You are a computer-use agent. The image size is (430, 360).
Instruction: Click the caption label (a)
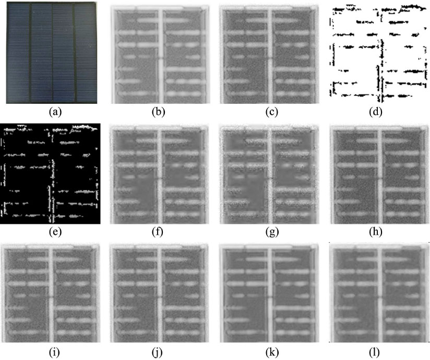(55, 112)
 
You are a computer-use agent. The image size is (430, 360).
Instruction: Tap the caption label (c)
(271, 112)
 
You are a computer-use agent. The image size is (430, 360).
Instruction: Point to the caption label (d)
(375, 112)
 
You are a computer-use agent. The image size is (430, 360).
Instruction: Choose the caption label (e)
(55, 232)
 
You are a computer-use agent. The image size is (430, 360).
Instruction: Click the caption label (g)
(272, 232)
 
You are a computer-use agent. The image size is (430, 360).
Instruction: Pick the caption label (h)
(375, 232)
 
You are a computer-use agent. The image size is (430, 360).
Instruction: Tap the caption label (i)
(54, 352)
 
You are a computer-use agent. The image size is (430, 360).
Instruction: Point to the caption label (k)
(272, 352)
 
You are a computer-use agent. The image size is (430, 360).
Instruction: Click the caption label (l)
(375, 352)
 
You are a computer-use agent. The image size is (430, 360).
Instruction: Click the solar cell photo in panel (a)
(52, 53)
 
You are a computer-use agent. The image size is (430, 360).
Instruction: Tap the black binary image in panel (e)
(50, 174)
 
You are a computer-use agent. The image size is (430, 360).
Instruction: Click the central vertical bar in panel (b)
(160, 57)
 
